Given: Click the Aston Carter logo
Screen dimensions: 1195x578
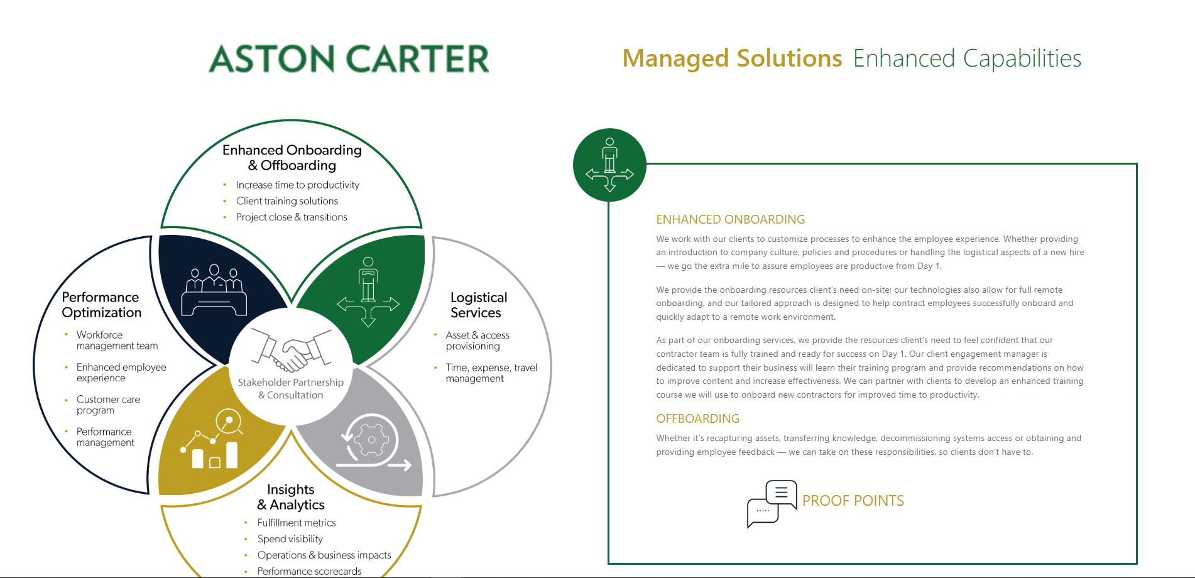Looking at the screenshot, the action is [x=349, y=59].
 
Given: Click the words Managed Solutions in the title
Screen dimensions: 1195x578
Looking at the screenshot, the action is [x=732, y=58].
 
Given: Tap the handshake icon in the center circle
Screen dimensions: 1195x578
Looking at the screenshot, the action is [x=291, y=351].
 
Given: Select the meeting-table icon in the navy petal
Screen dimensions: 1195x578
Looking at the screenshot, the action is [x=214, y=290].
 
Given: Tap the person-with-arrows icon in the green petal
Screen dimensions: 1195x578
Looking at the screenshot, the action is [x=368, y=292].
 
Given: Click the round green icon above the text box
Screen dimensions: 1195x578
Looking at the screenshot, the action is [x=609, y=165].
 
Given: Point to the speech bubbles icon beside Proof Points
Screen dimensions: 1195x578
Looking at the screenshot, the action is [x=772, y=504].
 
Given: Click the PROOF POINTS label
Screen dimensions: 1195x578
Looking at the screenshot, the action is [x=853, y=501].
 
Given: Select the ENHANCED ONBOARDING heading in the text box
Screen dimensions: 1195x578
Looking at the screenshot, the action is [x=730, y=219].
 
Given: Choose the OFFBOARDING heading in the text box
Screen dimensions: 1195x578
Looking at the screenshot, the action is [x=697, y=418].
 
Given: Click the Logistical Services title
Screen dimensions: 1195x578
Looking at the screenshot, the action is [x=479, y=305].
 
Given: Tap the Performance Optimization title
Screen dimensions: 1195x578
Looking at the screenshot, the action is [x=102, y=305].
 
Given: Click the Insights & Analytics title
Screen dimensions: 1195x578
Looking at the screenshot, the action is [x=291, y=497].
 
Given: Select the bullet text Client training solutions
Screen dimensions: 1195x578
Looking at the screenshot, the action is [x=287, y=201].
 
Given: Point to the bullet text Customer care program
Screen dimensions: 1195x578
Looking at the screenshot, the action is [x=108, y=405].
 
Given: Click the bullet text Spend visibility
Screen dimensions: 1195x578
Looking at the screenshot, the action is [x=290, y=539].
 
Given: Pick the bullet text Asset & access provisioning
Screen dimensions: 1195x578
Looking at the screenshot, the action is [x=477, y=341].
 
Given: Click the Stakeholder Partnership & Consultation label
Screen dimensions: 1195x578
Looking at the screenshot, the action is [x=291, y=388].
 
